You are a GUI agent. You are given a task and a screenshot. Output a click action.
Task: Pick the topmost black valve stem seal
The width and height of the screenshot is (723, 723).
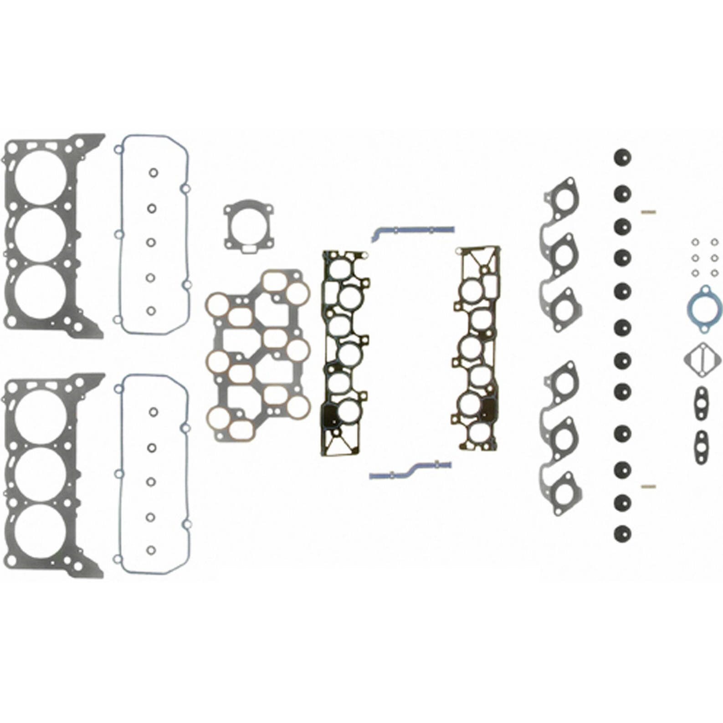[x=622, y=158]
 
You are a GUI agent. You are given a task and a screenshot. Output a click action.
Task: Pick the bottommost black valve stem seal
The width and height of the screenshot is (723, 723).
[x=622, y=533]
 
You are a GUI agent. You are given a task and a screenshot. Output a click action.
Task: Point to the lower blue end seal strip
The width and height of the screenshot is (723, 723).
[x=410, y=471]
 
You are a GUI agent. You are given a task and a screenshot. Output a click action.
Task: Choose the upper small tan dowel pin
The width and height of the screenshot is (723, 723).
[x=648, y=211]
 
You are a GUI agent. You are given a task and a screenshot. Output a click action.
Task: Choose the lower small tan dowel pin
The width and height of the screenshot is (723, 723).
[x=648, y=486]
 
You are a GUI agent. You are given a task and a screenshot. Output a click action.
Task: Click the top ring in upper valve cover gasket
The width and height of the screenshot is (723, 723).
[x=153, y=173]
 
